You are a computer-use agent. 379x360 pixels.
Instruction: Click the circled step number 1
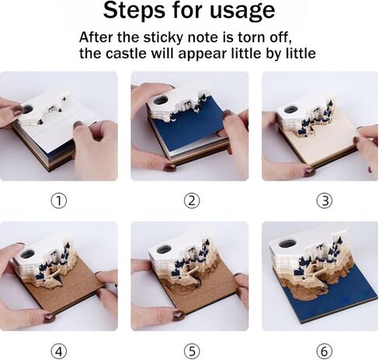coord(58,201)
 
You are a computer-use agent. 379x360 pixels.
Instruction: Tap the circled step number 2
coord(192,201)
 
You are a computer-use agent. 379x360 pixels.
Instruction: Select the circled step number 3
coord(325,201)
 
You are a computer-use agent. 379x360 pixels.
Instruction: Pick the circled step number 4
coord(58,351)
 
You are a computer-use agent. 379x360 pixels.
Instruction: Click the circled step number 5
coord(192,351)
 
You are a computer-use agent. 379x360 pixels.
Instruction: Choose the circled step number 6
coord(325,351)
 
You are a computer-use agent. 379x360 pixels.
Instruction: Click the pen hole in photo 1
coord(27,109)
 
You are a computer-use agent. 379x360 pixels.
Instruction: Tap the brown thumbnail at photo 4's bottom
coord(49,317)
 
